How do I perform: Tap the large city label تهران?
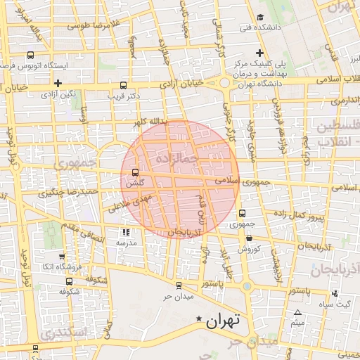pos(223,321)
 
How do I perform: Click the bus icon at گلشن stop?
pos(135,172)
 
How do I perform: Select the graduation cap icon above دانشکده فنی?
pos(260,18)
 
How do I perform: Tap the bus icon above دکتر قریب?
pos(124,83)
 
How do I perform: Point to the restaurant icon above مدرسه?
pos(126,231)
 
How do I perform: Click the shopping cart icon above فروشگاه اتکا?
pos(62,257)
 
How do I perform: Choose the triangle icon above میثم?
pos(297,312)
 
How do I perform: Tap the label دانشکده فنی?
pos(255,28)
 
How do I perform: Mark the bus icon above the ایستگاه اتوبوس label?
pos(30,55)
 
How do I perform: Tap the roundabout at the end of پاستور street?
pos(247,286)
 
